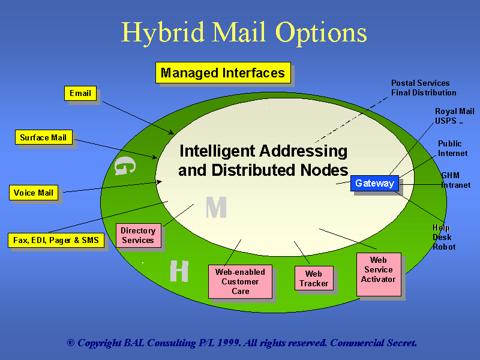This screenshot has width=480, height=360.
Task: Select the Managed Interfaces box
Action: click(223, 73)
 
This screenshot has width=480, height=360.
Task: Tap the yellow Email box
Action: click(80, 93)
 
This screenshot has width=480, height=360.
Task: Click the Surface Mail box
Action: click(43, 138)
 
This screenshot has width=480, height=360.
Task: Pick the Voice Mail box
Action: click(34, 193)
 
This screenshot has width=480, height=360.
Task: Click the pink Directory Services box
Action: click(138, 235)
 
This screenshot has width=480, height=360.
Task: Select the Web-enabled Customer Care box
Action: click(240, 281)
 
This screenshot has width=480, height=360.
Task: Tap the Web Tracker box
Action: click(314, 278)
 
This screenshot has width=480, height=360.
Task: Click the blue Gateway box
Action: click(374, 184)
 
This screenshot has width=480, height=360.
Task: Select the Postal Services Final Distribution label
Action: click(424, 88)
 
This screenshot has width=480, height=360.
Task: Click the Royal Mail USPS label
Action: click(454, 116)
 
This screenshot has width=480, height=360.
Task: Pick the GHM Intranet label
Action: click(455, 180)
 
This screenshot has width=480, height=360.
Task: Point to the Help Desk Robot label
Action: click(444, 237)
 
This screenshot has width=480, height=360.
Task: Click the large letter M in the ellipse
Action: click(216, 208)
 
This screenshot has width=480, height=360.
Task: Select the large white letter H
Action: click(179, 271)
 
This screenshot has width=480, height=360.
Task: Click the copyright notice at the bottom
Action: click(242, 343)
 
